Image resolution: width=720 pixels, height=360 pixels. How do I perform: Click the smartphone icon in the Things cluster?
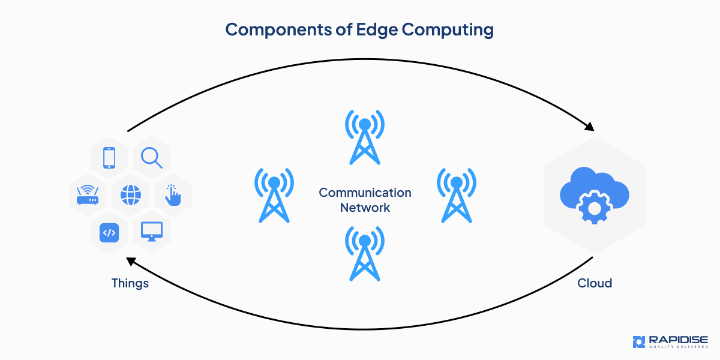(x=109, y=158)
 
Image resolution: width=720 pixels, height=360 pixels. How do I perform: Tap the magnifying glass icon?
(x=151, y=158)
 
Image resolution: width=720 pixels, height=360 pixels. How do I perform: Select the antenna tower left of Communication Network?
(x=274, y=195)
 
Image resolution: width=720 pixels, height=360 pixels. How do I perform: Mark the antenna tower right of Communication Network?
(x=457, y=195)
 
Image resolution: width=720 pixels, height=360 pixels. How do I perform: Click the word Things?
(x=130, y=283)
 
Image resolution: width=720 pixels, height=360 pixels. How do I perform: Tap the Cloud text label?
(x=595, y=283)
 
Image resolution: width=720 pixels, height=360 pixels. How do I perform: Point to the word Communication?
(x=365, y=193)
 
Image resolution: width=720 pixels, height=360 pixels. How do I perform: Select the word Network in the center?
(x=365, y=208)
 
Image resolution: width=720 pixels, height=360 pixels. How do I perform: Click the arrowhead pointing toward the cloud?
(x=589, y=127)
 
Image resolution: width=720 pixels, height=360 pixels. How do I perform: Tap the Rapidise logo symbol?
(x=638, y=342)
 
